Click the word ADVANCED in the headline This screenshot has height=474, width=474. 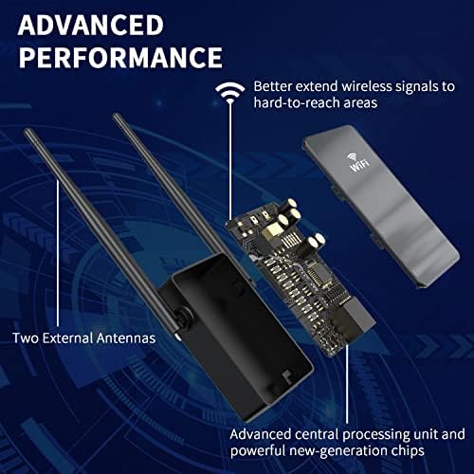point(91,25)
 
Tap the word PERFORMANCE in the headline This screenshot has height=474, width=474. point(120,57)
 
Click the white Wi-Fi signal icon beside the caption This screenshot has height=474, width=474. point(230,92)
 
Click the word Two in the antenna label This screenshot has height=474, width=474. point(26,338)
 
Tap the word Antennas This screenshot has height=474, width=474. point(126,338)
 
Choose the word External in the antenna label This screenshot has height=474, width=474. point(67,338)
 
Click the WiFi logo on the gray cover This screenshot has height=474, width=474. point(358,162)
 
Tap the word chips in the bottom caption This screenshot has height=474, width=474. point(408,451)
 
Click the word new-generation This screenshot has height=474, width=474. point(338,451)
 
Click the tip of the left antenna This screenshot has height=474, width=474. point(27,130)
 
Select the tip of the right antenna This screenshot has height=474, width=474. point(116,116)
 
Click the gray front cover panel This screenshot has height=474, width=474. point(381,206)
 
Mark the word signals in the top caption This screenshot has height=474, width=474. point(416,87)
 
